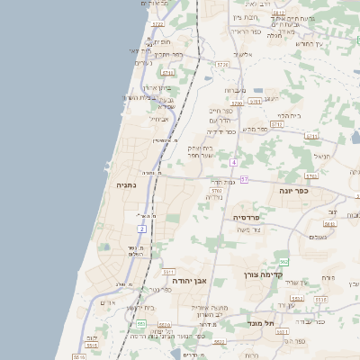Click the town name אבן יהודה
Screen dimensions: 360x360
[x=190, y=282]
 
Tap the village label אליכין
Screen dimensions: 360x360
[x=254, y=55]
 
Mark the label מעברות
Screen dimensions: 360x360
[x=234, y=90]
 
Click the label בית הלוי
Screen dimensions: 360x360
[x=287, y=115]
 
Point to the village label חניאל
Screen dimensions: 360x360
[x=321, y=155]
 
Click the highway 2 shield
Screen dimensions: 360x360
[x=141, y=229]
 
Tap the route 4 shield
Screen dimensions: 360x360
[x=233, y=162]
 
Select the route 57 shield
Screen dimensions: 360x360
[x=244, y=179]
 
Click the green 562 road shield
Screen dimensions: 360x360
[x=283, y=261]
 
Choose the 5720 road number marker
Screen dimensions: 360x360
[x=221, y=63]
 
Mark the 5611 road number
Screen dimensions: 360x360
[x=167, y=270]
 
